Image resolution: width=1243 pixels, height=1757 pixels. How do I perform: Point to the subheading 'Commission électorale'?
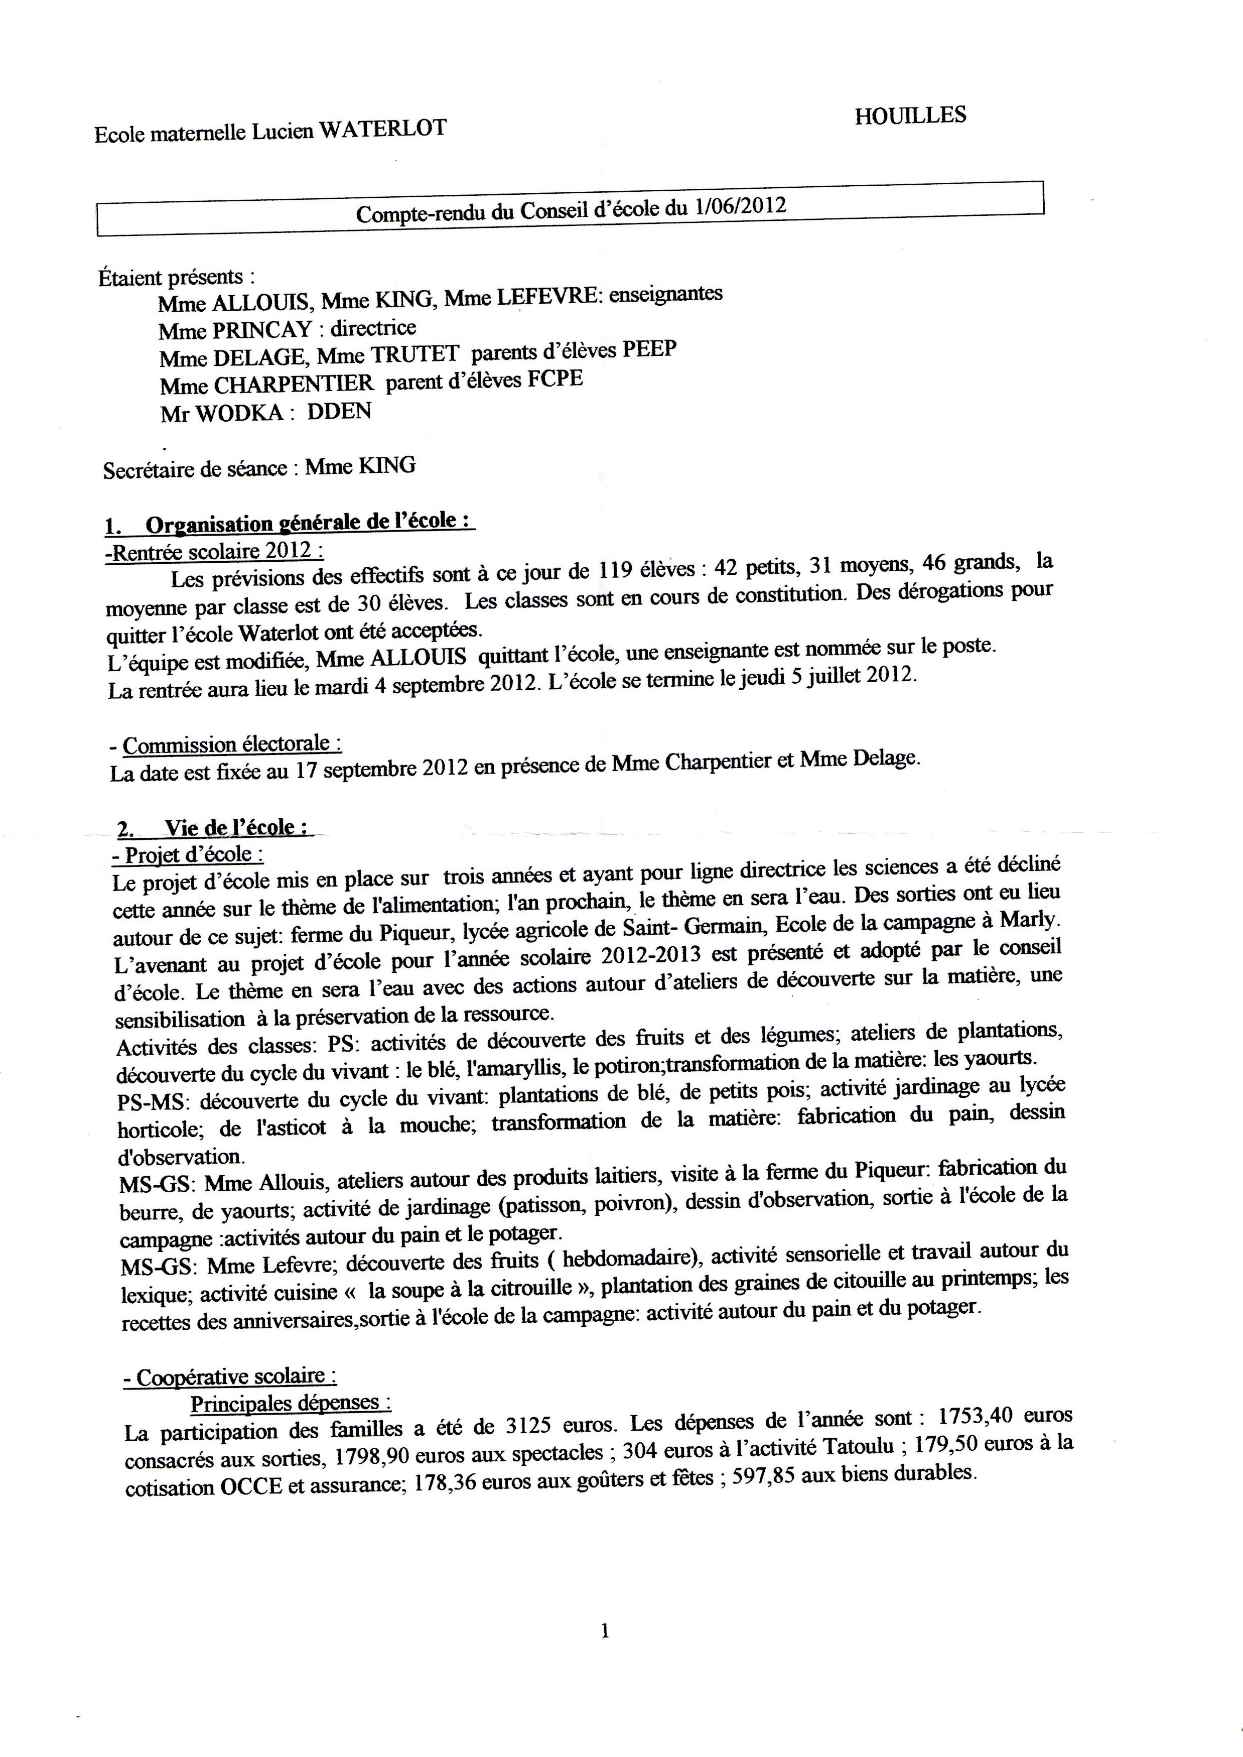point(232,744)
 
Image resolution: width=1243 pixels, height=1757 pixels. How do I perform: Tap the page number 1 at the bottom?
point(605,1654)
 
